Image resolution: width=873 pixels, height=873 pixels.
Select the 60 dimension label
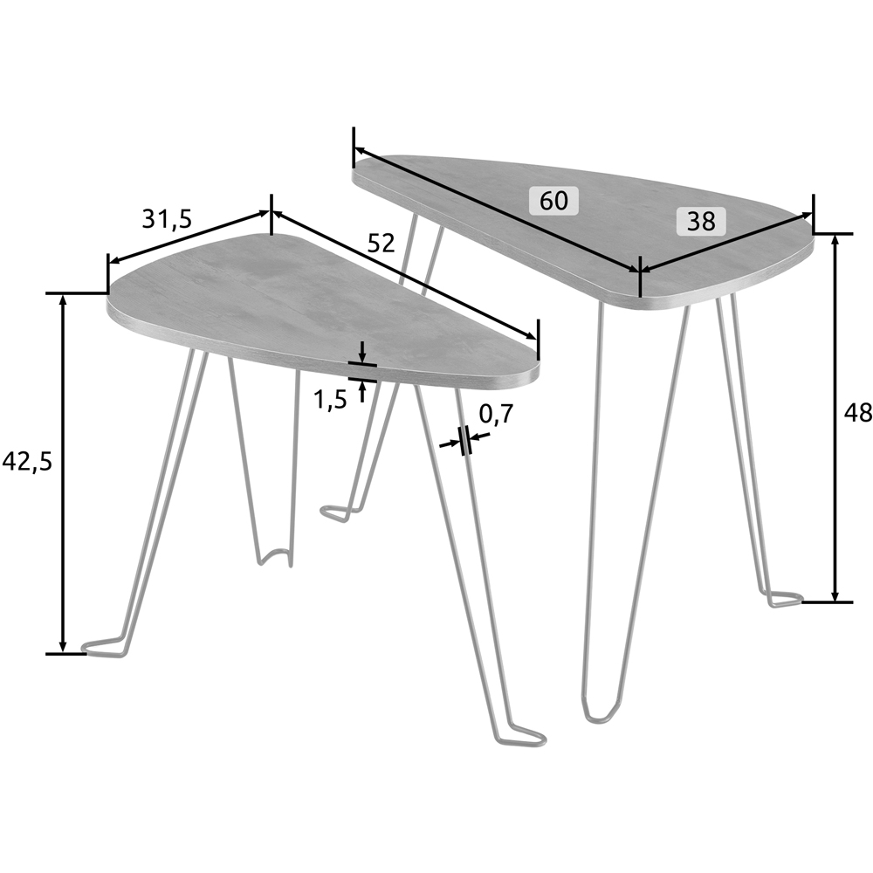(x=553, y=201)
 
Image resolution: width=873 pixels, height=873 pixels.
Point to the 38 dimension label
(x=701, y=222)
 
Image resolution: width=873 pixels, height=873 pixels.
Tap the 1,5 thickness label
(x=330, y=400)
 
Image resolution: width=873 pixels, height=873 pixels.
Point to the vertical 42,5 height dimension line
(x=63, y=471)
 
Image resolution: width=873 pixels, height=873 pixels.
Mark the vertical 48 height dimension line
(x=836, y=419)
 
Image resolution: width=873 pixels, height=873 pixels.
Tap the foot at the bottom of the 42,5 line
(x=103, y=648)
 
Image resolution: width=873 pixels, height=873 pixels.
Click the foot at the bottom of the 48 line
(x=784, y=599)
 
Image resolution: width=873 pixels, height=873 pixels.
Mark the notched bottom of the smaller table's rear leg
(x=276, y=556)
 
